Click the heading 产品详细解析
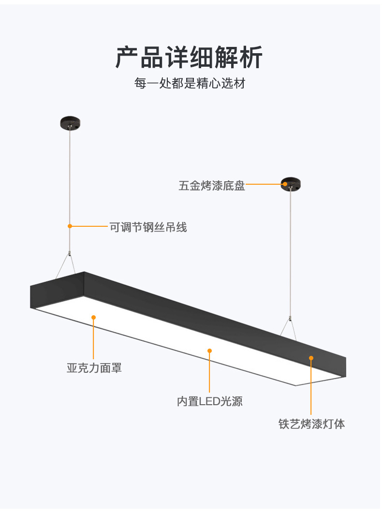coord(189,58)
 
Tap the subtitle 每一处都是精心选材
coord(190,83)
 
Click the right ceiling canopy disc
coord(291,184)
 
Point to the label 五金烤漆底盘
coord(212,186)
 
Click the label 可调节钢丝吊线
coord(148,227)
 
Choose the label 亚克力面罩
coord(94,368)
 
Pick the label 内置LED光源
coord(209,401)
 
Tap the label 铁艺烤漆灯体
coord(311,424)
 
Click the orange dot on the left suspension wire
coord(70,226)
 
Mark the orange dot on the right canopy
coord(285,184)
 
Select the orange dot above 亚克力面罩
coord(93,317)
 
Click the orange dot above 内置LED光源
coord(209,351)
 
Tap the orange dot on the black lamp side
coord(311,358)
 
